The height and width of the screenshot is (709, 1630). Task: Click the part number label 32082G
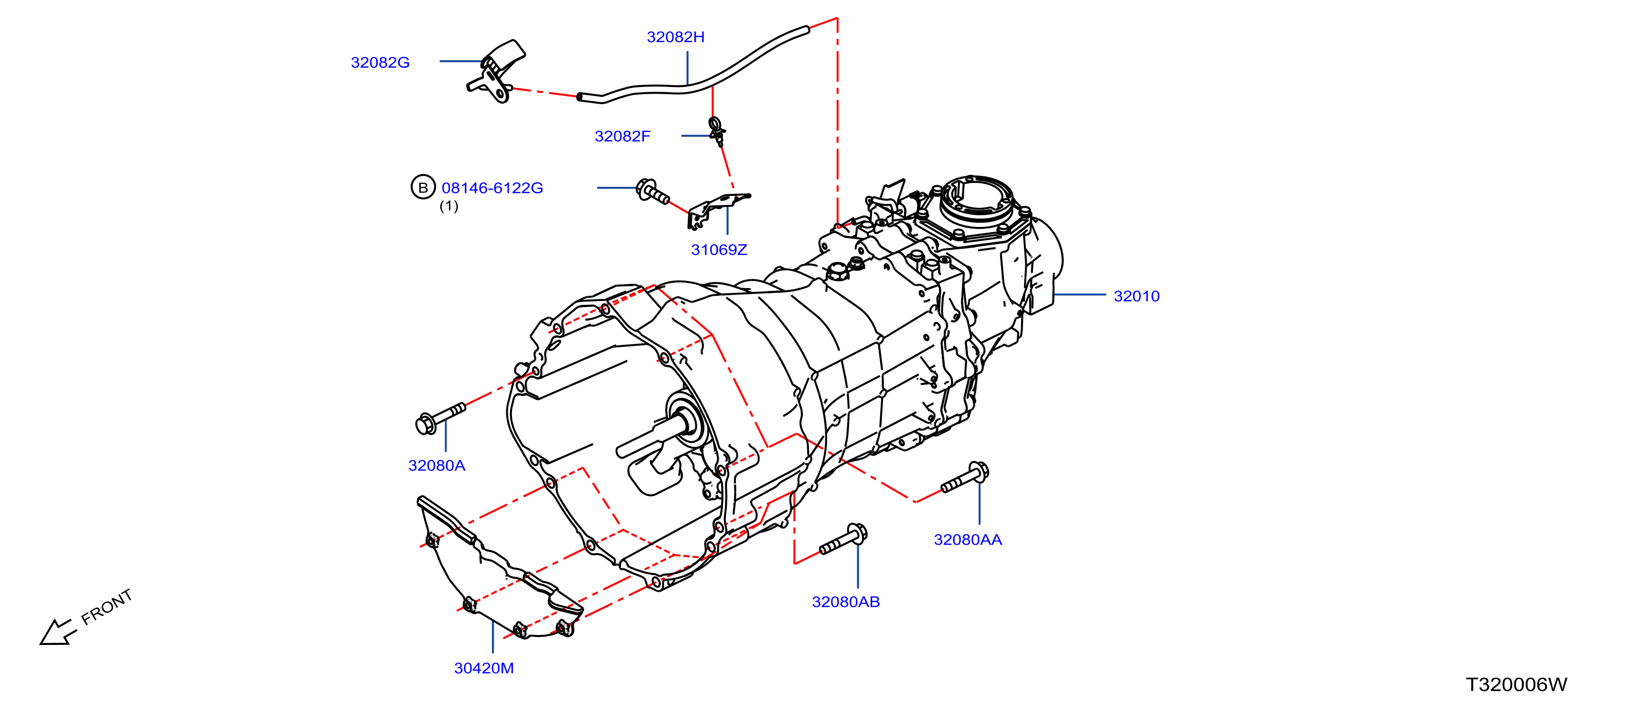(380, 63)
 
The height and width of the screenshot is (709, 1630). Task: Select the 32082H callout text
(675, 37)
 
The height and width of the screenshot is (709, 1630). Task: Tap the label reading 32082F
(623, 137)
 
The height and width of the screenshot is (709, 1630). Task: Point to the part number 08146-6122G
(492, 188)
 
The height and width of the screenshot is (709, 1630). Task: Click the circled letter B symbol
(423, 187)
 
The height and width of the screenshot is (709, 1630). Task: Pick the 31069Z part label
(719, 250)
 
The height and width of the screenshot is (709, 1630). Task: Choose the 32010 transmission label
(1137, 296)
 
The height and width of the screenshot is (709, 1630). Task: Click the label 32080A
(437, 466)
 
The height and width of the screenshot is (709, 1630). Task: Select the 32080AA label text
(968, 540)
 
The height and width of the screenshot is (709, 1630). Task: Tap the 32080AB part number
(846, 602)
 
